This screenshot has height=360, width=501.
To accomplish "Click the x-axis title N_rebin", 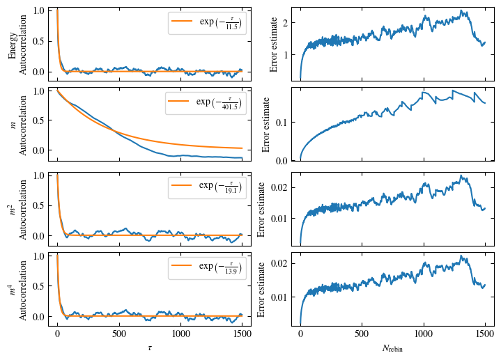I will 393,347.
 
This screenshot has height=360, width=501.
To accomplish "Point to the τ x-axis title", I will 149,347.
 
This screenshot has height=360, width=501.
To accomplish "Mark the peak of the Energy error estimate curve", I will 461,10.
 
